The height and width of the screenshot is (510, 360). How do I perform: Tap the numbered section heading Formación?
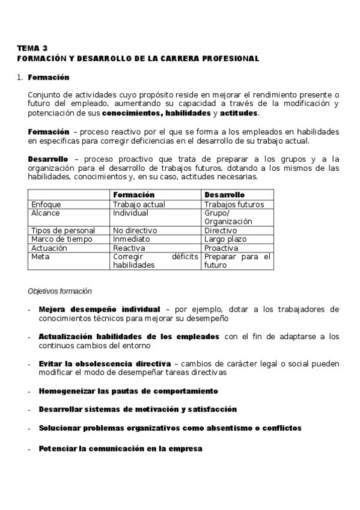point(48,78)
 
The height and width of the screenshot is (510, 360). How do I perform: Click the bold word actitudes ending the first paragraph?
point(239,113)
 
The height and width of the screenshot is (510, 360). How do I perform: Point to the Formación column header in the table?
point(133,195)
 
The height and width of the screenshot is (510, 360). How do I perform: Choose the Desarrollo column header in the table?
point(224,195)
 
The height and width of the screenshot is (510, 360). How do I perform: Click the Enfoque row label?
point(46,204)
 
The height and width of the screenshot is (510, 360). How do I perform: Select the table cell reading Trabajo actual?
point(139,204)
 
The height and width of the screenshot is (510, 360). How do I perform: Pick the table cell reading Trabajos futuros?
point(234,204)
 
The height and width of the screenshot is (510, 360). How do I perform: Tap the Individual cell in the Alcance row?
point(130,213)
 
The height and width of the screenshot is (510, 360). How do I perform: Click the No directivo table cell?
point(135,230)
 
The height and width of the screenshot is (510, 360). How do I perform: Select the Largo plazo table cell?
point(225,239)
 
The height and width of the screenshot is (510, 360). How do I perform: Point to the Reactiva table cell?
point(129,247)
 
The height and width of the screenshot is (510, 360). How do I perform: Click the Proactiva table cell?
point(222,247)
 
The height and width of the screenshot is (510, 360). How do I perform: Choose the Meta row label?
point(41,256)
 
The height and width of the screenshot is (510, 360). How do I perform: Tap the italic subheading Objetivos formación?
point(59,290)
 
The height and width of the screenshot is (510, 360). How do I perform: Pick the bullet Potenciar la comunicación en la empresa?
point(120,449)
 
